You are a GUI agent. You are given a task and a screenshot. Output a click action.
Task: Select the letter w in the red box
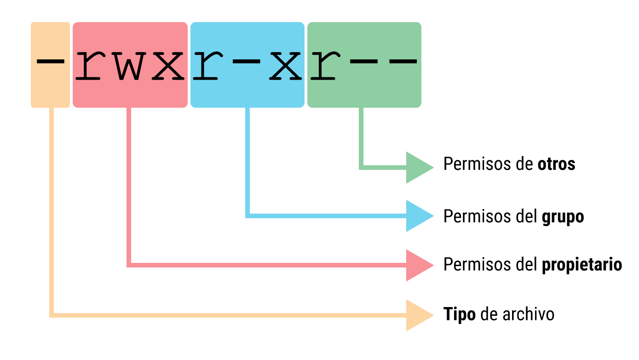[129, 65]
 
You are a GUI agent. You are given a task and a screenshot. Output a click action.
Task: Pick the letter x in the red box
[168, 65]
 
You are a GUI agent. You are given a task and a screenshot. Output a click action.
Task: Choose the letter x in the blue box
[286, 65]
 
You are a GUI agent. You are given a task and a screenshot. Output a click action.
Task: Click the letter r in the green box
[325, 65]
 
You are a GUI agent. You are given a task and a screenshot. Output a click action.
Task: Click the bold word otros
[556, 164]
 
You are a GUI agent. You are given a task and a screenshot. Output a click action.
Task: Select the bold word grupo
[563, 216]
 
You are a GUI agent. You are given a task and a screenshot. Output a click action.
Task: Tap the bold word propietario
[582, 265]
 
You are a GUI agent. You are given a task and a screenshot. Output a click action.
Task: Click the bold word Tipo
[459, 314]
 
